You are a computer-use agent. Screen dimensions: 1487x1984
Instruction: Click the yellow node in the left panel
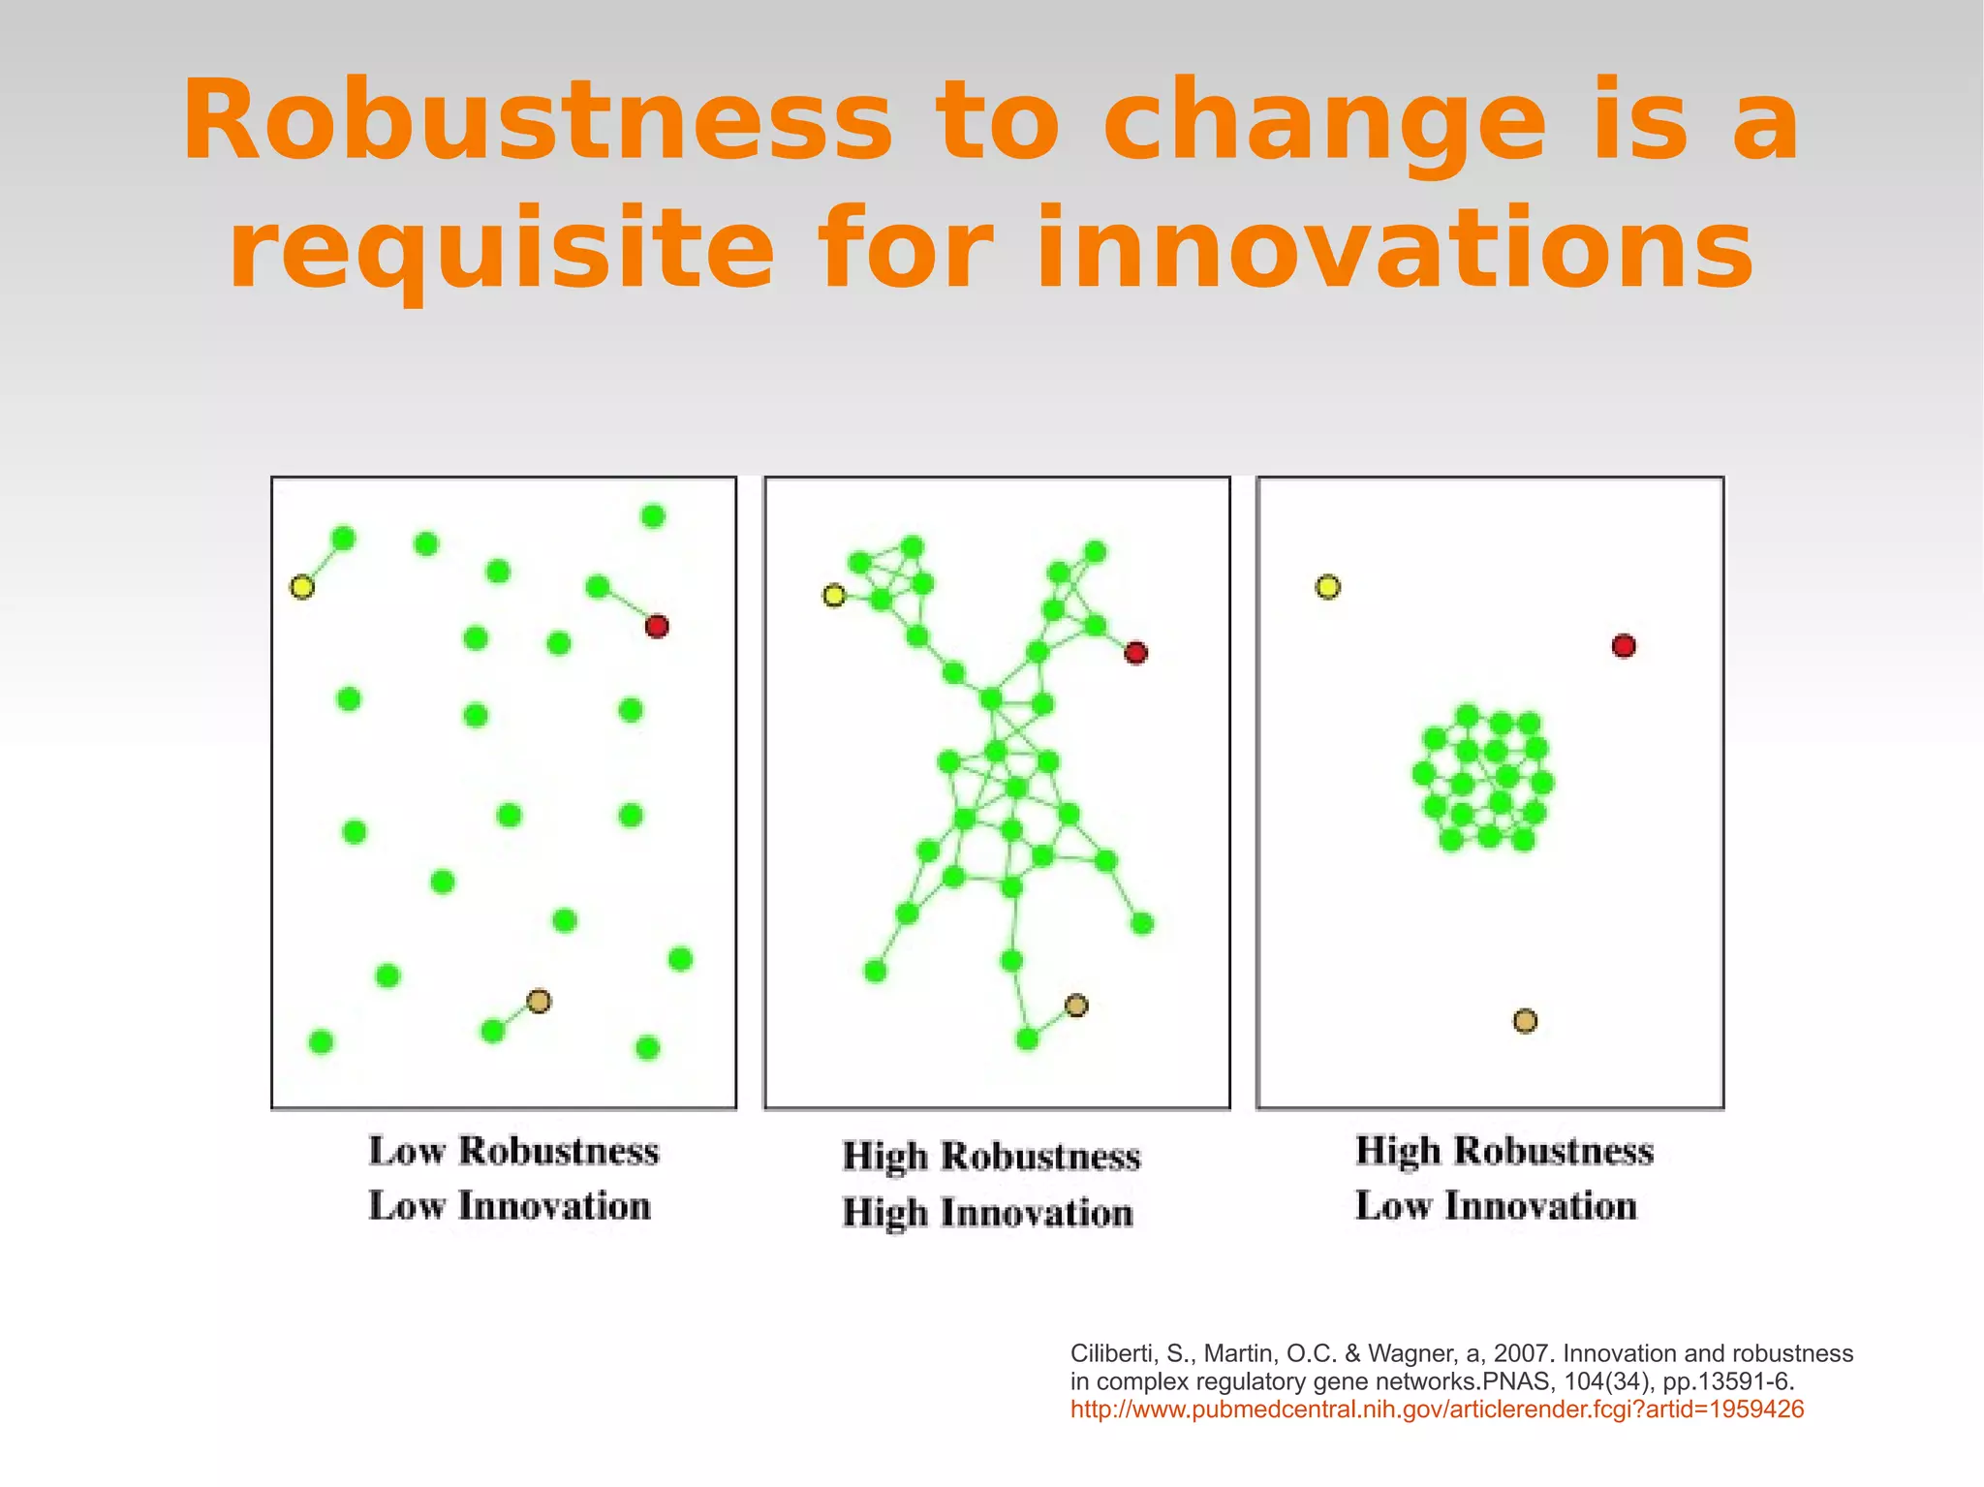tap(302, 587)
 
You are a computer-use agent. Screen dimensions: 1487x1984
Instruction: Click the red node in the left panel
tap(657, 627)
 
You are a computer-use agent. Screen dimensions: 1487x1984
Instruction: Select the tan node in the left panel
tap(539, 1001)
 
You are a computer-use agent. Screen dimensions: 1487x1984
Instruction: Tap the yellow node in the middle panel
tap(834, 595)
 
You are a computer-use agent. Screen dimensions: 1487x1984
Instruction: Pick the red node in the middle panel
tap(1135, 653)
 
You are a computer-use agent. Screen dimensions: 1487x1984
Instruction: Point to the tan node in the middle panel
tap(1076, 1006)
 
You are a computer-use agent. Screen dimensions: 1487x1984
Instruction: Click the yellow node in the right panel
tap(1328, 587)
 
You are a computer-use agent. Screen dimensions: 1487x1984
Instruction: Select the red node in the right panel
tap(1624, 646)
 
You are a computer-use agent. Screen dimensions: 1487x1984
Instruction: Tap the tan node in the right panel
tap(1525, 1021)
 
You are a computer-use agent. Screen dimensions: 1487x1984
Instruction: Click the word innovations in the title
tap(1394, 249)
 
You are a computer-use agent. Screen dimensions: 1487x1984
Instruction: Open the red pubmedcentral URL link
tap(1437, 1410)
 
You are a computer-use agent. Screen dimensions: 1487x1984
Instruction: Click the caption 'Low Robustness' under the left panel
tap(513, 1151)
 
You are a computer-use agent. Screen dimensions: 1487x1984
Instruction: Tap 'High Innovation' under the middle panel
tap(987, 1213)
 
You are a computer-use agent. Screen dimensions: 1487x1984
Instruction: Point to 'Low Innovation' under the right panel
tap(1496, 1206)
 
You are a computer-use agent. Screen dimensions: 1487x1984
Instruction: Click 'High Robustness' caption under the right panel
tap(1503, 1151)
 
